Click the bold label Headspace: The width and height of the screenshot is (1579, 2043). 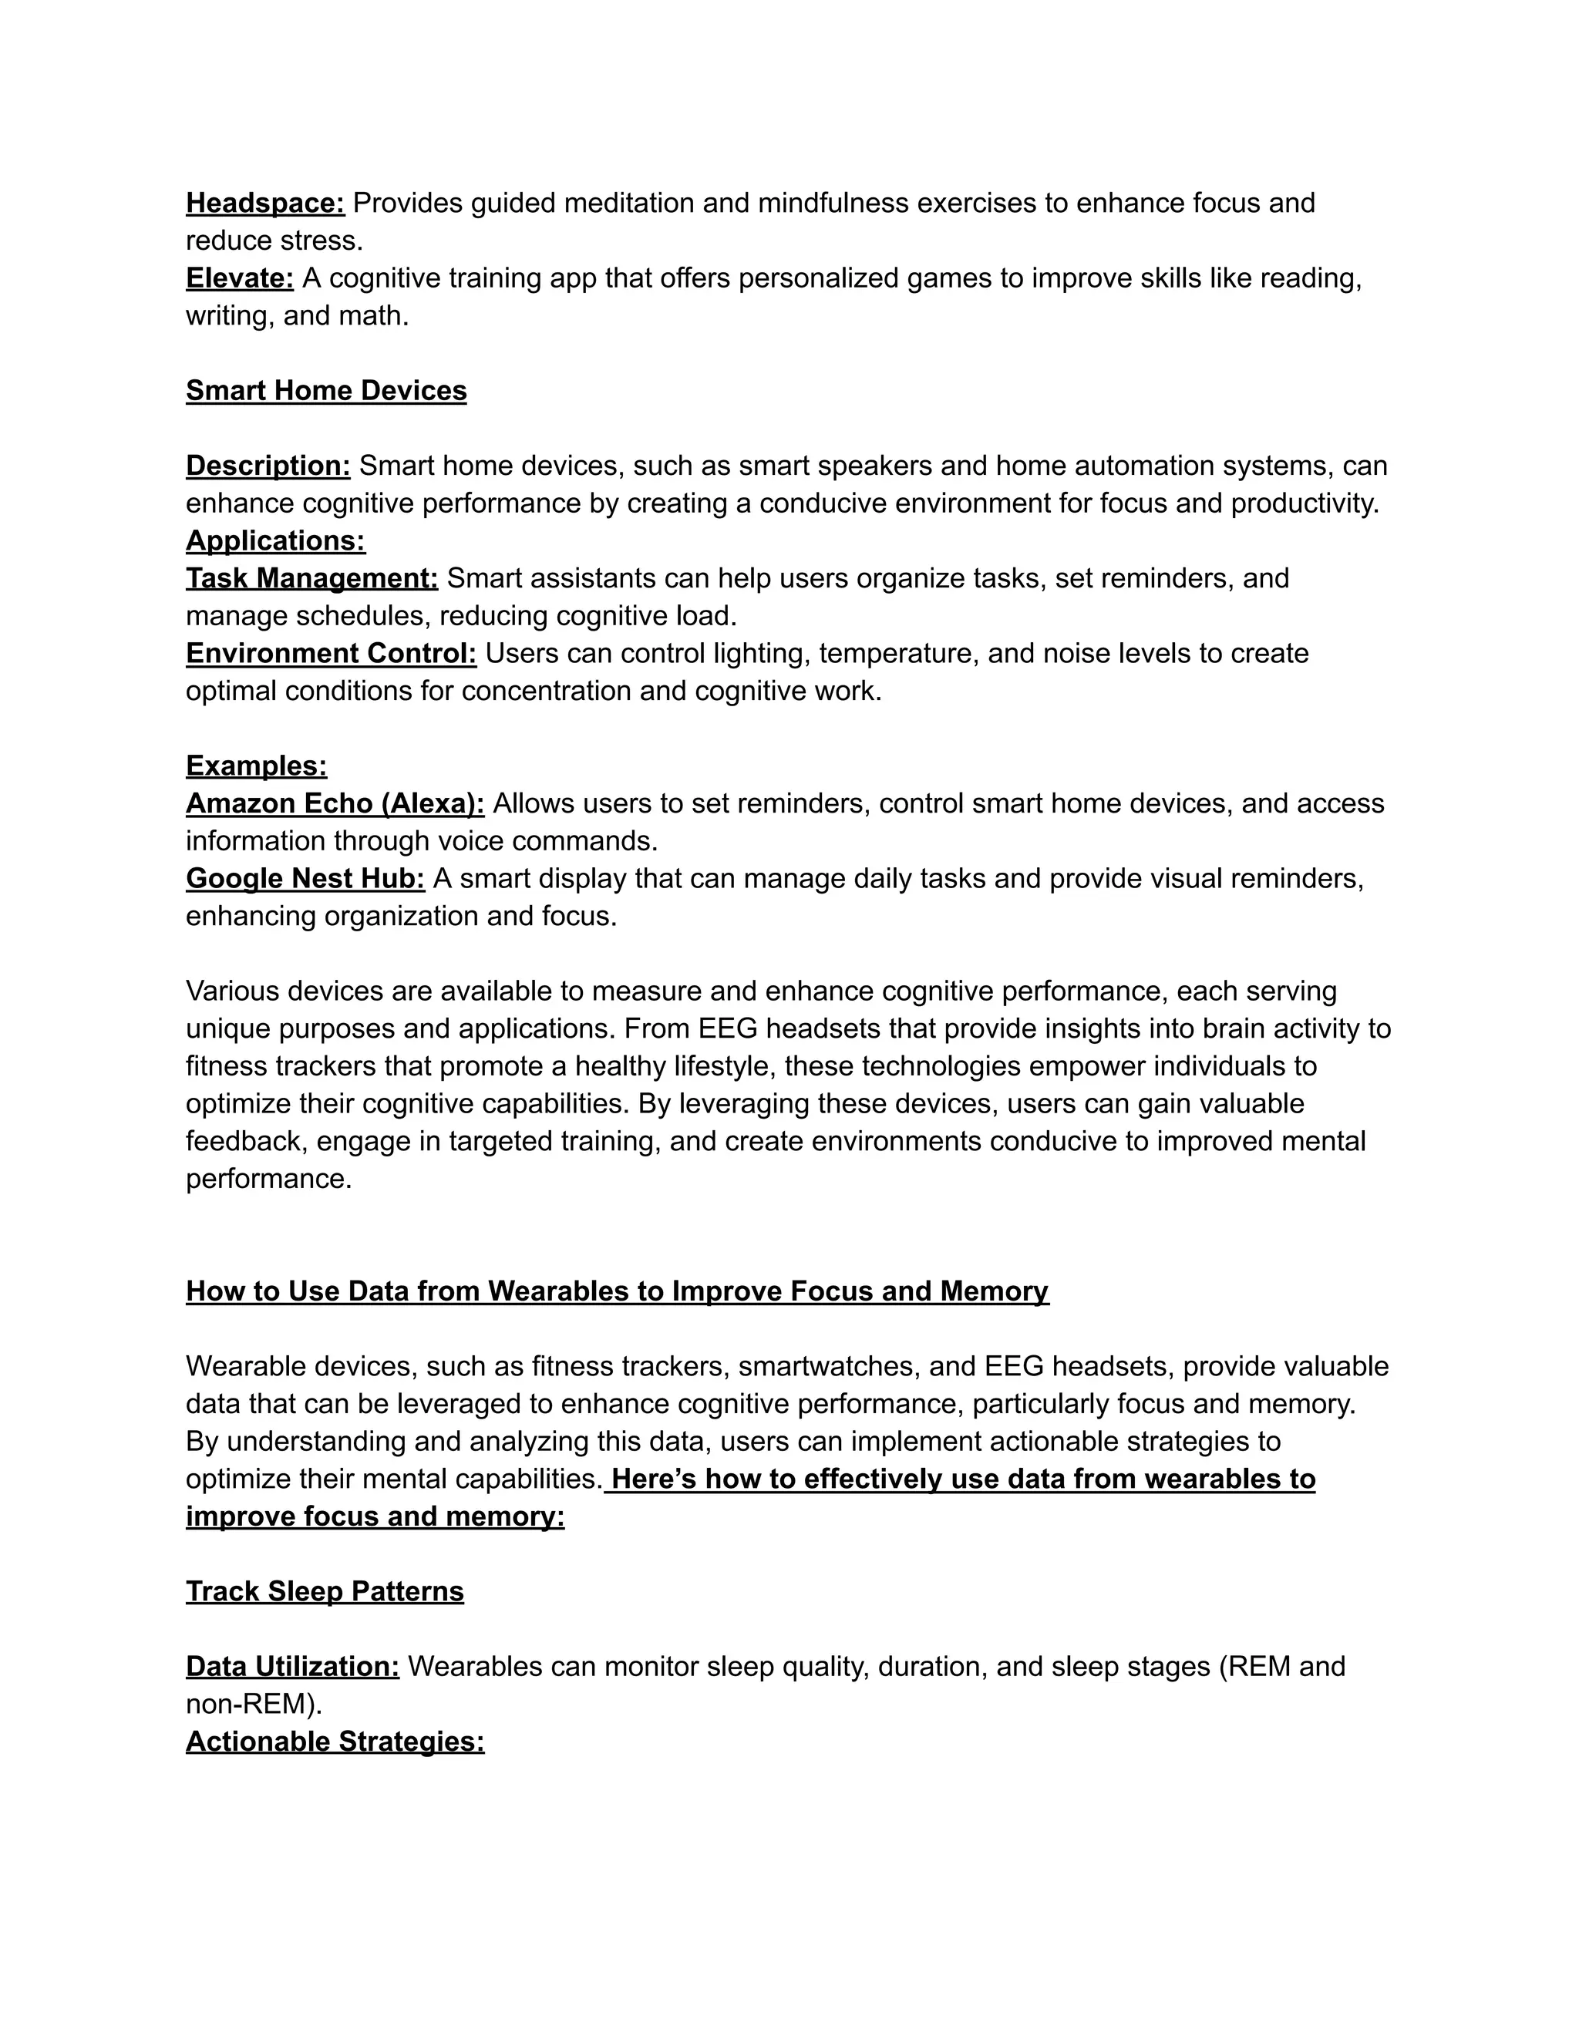click(x=264, y=203)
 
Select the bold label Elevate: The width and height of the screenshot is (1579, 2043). click(x=240, y=278)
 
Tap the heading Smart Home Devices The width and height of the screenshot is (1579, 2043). click(x=325, y=390)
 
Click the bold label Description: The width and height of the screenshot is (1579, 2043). click(x=268, y=466)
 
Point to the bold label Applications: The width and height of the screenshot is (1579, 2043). click(x=275, y=540)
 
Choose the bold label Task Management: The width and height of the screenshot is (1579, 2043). click(x=311, y=578)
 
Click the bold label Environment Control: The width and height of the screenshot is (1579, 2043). click(x=330, y=653)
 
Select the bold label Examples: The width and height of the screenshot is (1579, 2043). click(x=256, y=766)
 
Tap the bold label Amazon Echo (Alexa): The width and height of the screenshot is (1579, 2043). click(x=335, y=803)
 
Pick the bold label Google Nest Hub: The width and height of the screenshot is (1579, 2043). click(x=305, y=878)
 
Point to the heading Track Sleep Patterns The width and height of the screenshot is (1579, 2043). click(x=325, y=1591)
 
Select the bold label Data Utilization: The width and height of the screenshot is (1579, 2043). click(x=292, y=1666)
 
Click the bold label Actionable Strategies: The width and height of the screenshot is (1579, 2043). click(x=335, y=1741)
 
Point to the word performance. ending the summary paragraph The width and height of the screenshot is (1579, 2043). click(x=268, y=1179)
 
